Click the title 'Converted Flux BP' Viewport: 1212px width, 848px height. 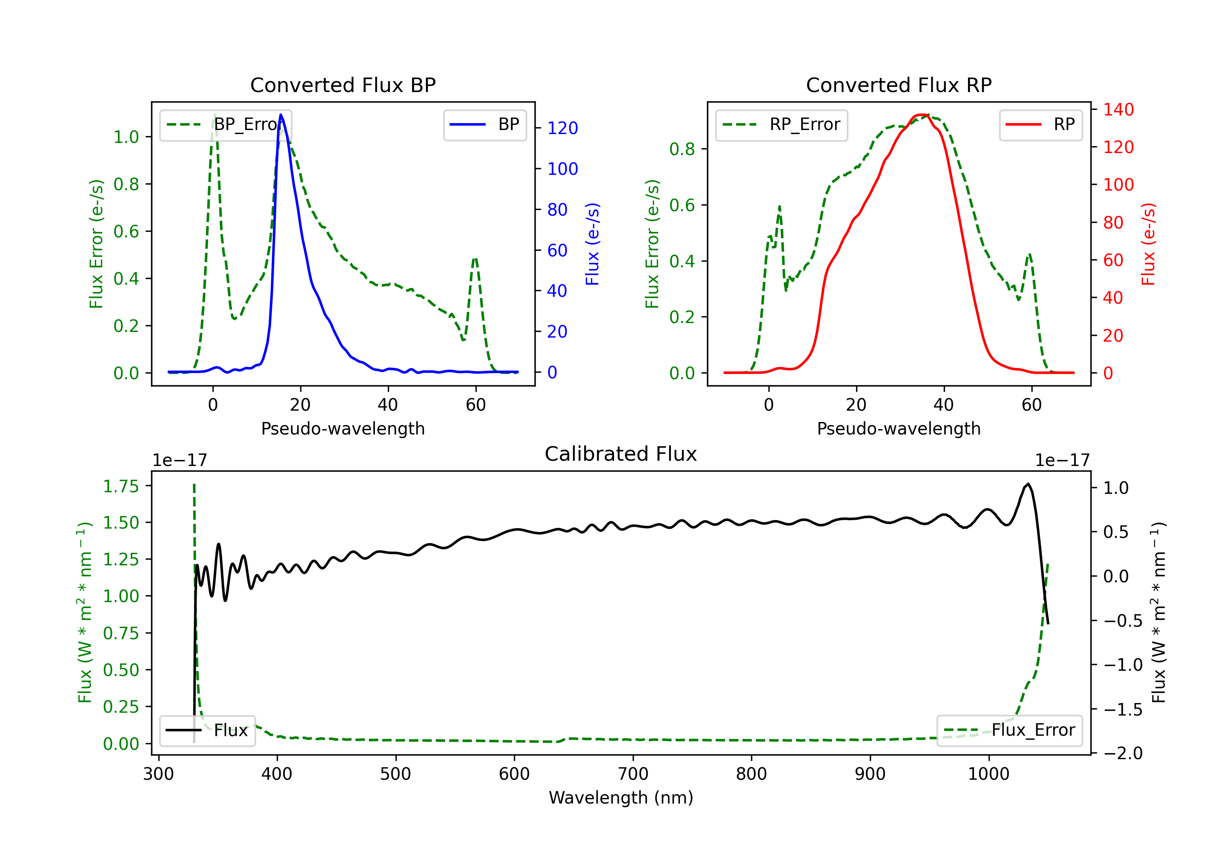343,85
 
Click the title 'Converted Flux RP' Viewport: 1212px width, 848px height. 898,85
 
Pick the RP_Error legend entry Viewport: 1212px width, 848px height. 781,124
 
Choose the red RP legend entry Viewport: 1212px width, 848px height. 1040,124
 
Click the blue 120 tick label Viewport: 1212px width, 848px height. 562,128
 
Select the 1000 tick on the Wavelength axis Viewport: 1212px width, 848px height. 988,774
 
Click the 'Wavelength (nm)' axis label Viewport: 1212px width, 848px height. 621,798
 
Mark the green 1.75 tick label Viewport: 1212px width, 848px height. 121,486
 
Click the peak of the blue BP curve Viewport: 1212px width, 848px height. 281,115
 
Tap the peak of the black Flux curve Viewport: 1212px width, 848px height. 1028,484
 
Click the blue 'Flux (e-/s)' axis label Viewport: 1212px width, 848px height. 592,244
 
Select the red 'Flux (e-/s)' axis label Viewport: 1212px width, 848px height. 1148,244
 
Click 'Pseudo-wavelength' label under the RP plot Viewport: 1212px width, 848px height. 898,428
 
